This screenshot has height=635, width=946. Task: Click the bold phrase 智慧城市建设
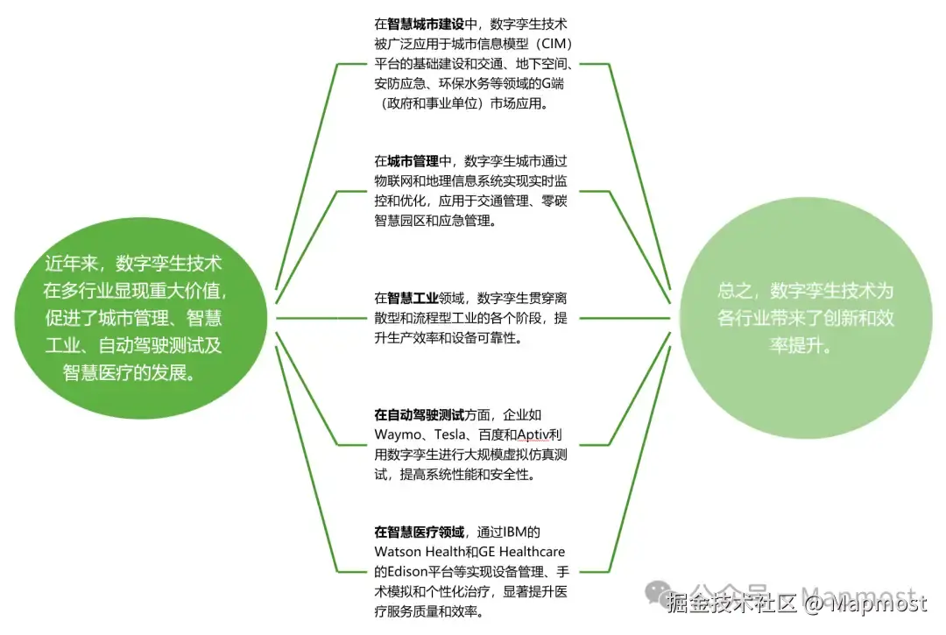coord(426,25)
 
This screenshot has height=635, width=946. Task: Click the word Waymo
coord(399,435)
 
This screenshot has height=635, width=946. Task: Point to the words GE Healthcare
coord(520,552)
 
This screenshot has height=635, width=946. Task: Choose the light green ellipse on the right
coord(804,317)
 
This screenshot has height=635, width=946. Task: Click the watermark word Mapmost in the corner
coord(877,603)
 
